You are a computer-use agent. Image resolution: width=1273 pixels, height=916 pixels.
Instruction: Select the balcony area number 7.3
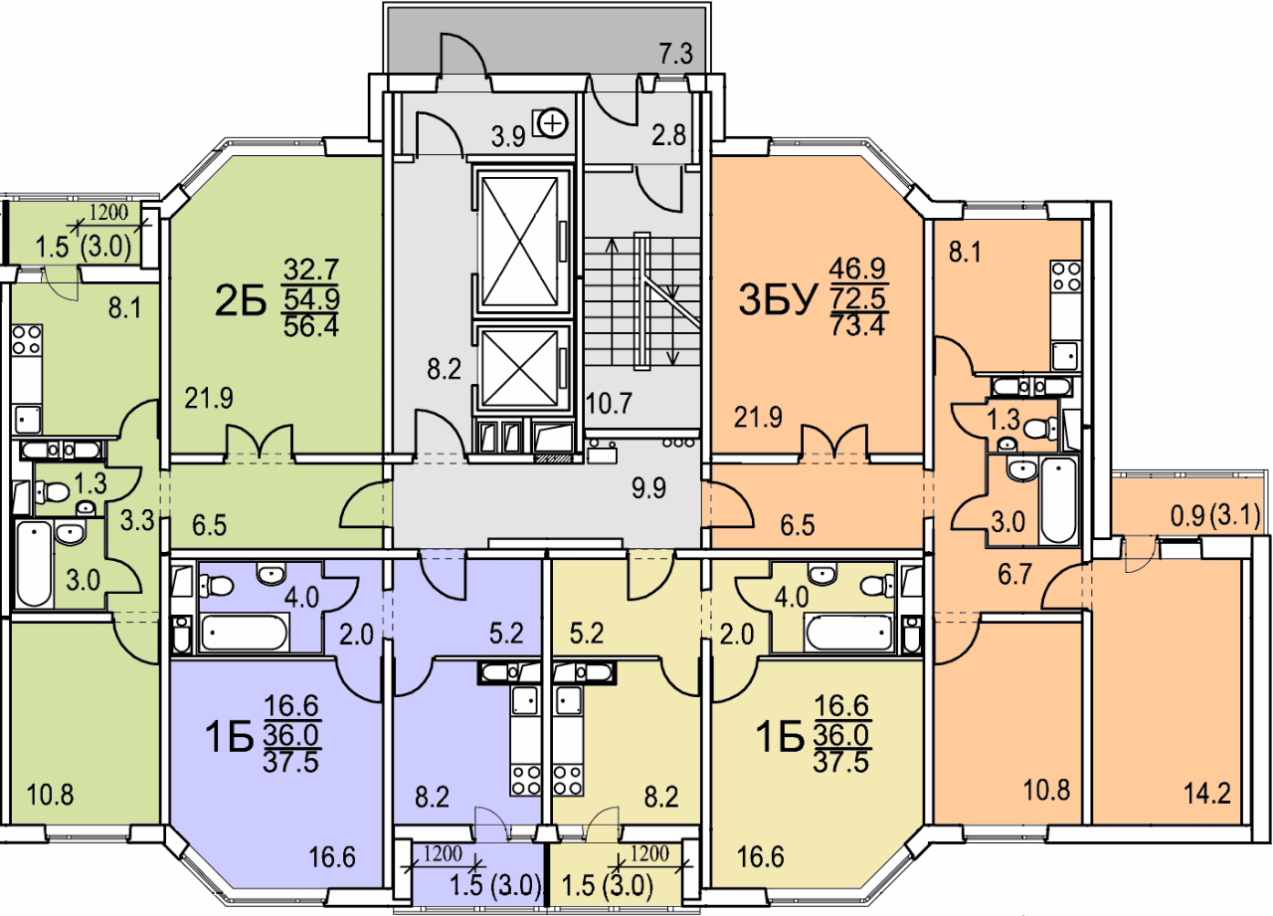tap(675, 56)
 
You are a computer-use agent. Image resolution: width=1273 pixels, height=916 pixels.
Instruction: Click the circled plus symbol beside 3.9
tap(550, 123)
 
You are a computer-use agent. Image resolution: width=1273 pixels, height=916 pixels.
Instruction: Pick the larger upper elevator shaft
tap(522, 242)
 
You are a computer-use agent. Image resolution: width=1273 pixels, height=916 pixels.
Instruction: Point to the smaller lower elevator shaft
tap(522, 367)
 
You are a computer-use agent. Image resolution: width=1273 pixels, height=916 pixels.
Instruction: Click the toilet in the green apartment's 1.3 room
tap(56, 489)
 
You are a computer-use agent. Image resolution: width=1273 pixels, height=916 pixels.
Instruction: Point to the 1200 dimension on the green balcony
tap(109, 211)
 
